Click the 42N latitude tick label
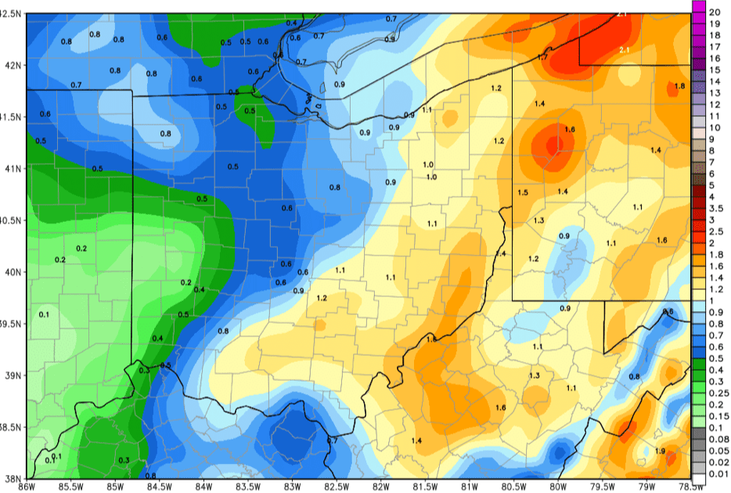(x=13, y=65)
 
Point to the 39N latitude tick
(x=13, y=375)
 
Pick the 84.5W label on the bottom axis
(x=159, y=487)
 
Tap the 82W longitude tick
(x=380, y=487)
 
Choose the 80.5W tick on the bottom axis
(x=513, y=487)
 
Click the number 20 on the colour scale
(x=715, y=13)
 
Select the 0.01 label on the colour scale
(x=718, y=473)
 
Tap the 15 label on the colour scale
(x=715, y=70)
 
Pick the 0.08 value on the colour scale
(x=718, y=439)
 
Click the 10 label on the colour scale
(x=715, y=128)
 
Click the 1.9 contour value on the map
(x=660, y=451)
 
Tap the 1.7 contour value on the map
(x=542, y=57)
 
